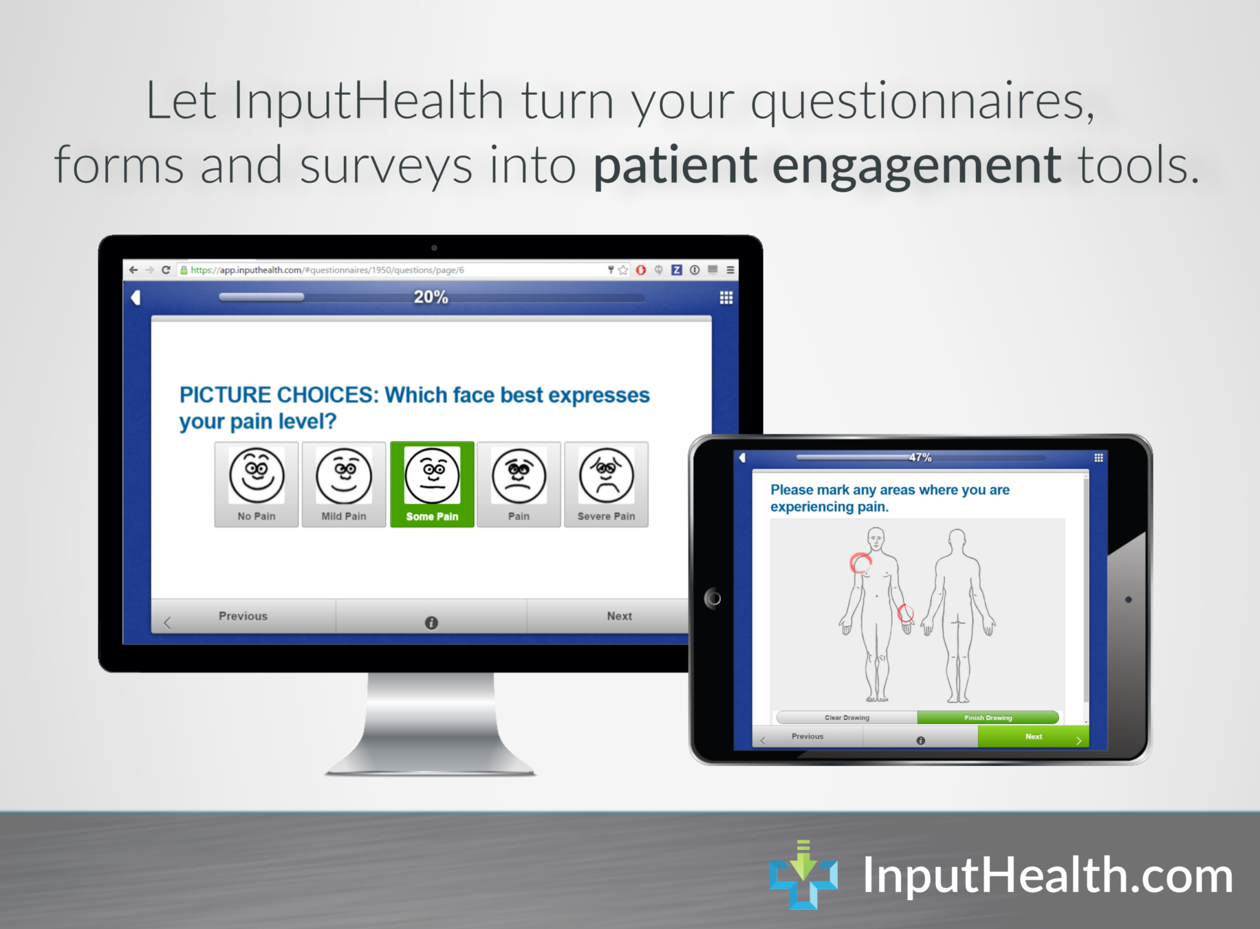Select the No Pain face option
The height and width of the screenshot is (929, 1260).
tap(257, 485)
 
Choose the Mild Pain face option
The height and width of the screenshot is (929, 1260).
tap(344, 485)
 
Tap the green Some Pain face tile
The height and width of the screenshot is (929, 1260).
tap(432, 485)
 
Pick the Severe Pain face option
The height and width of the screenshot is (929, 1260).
tap(606, 485)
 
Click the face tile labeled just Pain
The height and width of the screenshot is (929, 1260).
tap(519, 485)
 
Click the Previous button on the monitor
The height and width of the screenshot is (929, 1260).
tap(244, 616)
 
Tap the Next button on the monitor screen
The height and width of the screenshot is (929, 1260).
tap(619, 616)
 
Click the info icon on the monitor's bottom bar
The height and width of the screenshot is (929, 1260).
tap(431, 623)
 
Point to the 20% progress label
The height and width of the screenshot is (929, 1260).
tap(431, 297)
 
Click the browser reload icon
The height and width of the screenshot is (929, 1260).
tap(166, 270)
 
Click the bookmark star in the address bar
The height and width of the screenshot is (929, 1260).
tap(623, 270)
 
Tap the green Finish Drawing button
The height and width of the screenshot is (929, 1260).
tap(987, 718)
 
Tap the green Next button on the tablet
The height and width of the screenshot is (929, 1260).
tap(1033, 736)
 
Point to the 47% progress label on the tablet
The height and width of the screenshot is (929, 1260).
tap(920, 457)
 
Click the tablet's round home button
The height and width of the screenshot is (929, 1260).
tap(713, 598)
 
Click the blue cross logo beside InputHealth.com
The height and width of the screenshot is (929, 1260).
tap(803, 874)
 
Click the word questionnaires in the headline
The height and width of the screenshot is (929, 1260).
tap(922, 102)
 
